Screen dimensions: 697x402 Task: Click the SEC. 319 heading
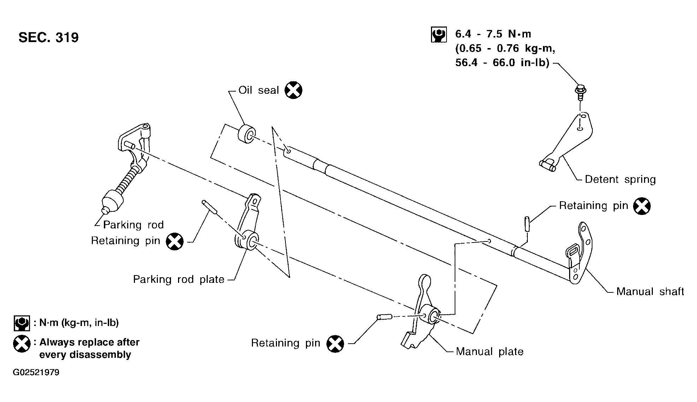pyautogui.click(x=48, y=37)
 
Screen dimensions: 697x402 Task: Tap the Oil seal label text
pyautogui.click(x=259, y=90)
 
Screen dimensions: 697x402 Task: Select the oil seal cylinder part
pyautogui.click(x=246, y=134)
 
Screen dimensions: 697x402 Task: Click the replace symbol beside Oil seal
pyautogui.click(x=294, y=90)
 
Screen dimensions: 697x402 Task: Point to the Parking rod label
pyautogui.click(x=134, y=225)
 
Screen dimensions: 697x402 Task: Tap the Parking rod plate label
pyautogui.click(x=179, y=279)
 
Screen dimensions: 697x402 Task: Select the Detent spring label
pyautogui.click(x=620, y=179)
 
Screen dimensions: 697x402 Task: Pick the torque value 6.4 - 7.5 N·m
pyautogui.click(x=493, y=34)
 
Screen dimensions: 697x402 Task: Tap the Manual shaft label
pyautogui.click(x=650, y=291)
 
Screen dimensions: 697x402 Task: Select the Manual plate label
pyautogui.click(x=490, y=351)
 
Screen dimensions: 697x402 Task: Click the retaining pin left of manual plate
pyautogui.click(x=384, y=317)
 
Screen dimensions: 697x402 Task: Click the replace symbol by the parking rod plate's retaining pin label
pyautogui.click(x=175, y=241)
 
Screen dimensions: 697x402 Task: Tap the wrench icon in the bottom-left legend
pyautogui.click(x=22, y=323)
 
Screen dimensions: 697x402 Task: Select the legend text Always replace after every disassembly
pyautogui.click(x=89, y=348)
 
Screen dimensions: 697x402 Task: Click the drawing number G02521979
pyautogui.click(x=36, y=373)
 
